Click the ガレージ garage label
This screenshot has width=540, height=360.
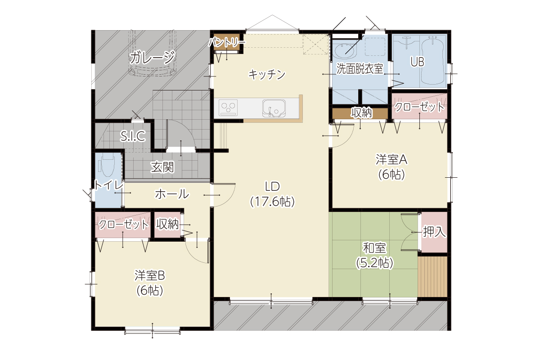[153, 58]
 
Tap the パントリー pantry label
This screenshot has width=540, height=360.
[227, 42]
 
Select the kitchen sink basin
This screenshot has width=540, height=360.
[274, 108]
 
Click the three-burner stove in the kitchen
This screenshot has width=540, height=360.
[228, 108]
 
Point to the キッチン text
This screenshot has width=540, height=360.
[267, 74]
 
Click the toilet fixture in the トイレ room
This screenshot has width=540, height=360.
[108, 166]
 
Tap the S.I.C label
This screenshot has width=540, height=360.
[133, 136]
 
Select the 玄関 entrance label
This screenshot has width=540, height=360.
[162, 167]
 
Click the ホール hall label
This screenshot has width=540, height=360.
[172, 194]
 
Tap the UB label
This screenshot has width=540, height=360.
[417, 62]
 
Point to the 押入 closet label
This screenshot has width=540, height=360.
[434, 232]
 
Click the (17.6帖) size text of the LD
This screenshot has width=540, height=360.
[272, 202]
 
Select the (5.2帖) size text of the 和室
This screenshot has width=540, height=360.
[374, 263]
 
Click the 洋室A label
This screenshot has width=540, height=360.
[391, 159]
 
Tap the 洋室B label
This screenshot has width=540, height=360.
[150, 275]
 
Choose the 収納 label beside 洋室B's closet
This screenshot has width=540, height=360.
[167, 224]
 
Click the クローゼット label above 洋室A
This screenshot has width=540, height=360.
[419, 107]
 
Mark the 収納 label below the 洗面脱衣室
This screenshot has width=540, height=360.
[361, 113]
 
